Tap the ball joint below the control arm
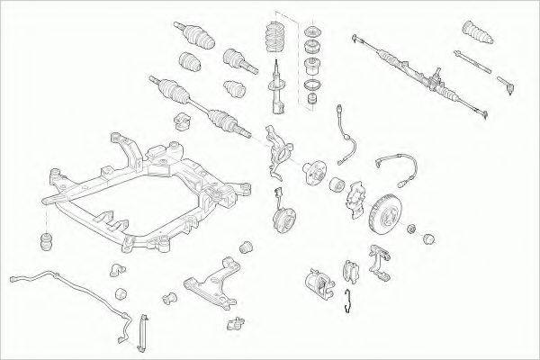(x=236, y=323)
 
